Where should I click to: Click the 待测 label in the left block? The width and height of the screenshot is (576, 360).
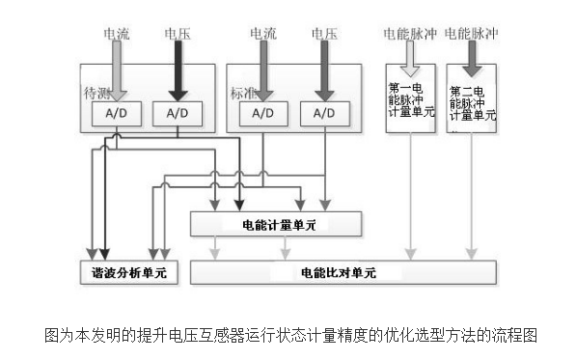95,93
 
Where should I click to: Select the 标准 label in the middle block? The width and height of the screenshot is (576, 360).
240,94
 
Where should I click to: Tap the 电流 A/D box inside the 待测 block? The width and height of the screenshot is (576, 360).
116,113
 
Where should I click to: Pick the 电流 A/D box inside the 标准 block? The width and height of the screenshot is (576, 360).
262,113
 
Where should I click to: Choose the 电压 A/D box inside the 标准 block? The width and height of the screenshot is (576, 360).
322,113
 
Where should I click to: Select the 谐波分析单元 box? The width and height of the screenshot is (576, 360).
123,272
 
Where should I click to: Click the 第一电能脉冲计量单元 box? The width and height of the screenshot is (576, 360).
411,99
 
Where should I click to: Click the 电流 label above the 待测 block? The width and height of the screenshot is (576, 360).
117,33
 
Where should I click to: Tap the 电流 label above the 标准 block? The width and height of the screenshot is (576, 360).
262,33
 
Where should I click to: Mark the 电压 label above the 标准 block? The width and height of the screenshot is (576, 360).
323,33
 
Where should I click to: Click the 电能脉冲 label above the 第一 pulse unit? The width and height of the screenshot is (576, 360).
410,33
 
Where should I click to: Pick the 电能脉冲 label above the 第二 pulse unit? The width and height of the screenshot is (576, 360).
471,33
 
